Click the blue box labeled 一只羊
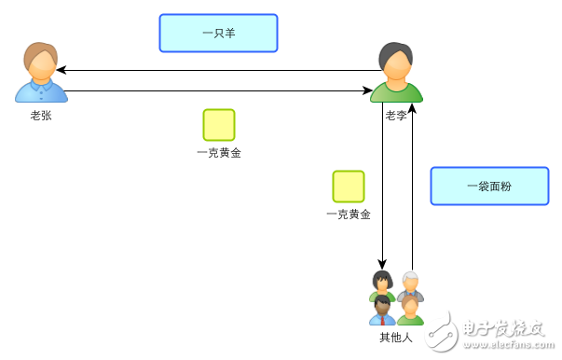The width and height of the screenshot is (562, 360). [218, 33]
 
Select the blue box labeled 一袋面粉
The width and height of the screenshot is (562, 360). [489, 186]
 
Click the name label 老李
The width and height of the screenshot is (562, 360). [396, 116]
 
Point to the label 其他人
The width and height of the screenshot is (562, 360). [395, 337]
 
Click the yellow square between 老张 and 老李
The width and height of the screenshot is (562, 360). [219, 125]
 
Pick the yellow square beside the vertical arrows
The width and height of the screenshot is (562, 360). [349, 187]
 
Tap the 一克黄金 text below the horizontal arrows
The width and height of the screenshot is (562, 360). [219, 153]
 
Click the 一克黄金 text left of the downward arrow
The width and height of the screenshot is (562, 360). [349, 215]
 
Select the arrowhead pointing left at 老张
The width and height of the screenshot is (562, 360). [61, 70]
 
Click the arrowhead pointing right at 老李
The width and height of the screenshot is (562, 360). [367, 90]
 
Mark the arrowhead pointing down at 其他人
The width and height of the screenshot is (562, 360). [382, 264]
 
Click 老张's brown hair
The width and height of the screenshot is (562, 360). [40, 52]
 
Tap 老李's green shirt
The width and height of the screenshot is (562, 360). [396, 93]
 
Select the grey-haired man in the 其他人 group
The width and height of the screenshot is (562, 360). [410, 284]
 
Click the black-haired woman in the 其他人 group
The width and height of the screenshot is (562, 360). [380, 283]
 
